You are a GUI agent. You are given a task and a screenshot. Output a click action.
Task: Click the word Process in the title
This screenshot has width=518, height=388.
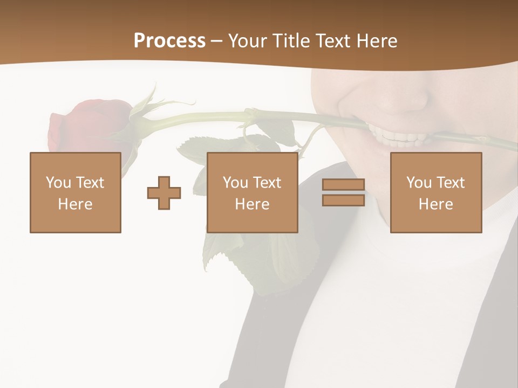(169, 41)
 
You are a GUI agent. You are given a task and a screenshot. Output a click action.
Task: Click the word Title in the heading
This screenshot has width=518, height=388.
(291, 41)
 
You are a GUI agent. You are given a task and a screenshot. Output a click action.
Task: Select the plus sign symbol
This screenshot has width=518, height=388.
(164, 193)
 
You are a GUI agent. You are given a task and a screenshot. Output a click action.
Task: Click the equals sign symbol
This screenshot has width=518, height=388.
(343, 192)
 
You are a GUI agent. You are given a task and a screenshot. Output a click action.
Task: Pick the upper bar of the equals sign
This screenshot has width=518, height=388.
(343, 185)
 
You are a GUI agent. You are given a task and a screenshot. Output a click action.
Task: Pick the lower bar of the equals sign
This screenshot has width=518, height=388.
(343, 200)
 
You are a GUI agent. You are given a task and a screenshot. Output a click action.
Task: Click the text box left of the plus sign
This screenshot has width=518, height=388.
(76, 192)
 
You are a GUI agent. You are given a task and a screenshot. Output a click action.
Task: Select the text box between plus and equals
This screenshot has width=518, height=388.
(253, 192)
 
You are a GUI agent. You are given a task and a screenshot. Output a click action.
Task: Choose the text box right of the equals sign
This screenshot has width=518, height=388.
(436, 192)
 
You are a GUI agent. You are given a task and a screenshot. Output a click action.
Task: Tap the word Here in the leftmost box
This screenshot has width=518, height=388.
(76, 204)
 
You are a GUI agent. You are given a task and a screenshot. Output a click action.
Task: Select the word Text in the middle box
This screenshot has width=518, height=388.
(267, 183)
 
